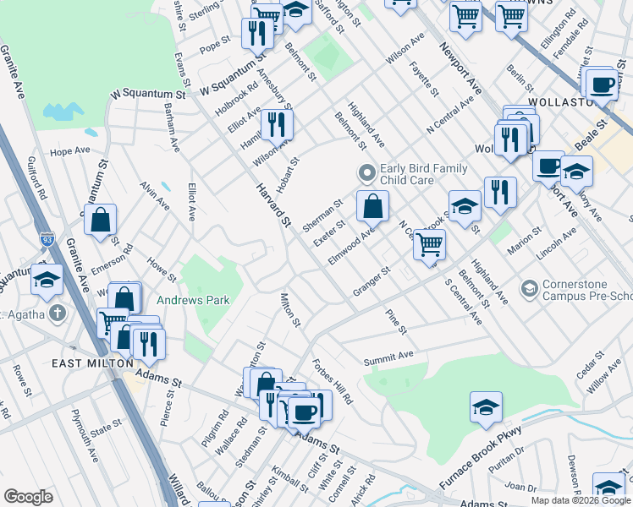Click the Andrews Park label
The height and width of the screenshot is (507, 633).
[x=193, y=300]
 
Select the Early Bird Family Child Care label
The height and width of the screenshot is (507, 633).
[x=406, y=174]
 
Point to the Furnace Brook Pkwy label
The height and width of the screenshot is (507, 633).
[x=480, y=459]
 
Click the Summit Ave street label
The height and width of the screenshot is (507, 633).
[x=388, y=359]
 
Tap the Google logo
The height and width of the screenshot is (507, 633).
[x=28, y=497]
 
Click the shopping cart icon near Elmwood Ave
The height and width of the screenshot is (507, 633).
[x=429, y=244]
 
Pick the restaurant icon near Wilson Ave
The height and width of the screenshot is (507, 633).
[x=277, y=125]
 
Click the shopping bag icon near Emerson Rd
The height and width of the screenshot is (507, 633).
[x=100, y=220]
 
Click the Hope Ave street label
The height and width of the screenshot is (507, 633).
[x=69, y=151]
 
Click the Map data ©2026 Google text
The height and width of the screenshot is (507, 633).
[x=581, y=499]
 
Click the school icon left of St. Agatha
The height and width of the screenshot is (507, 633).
[x=47, y=279]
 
